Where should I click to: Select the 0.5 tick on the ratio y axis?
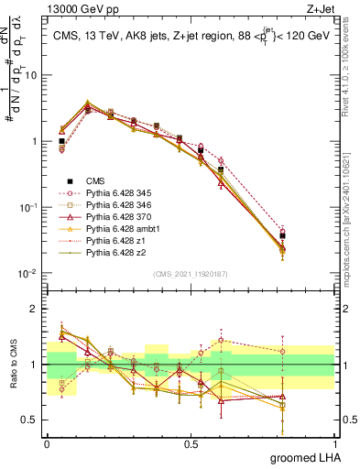(x=30, y=421)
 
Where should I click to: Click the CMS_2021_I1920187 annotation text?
(x=190, y=274)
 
